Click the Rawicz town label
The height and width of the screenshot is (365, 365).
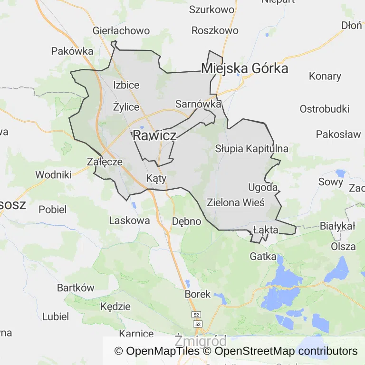pyautogui.click(x=154, y=135)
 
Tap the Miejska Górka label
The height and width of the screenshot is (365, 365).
pyautogui.click(x=245, y=68)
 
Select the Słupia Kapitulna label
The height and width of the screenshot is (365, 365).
pyautogui.click(x=251, y=148)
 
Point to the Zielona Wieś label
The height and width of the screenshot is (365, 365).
pyautogui.click(x=235, y=202)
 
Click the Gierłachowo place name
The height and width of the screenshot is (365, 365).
pyautogui.click(x=121, y=31)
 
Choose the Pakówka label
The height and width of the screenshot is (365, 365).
pyautogui.click(x=72, y=51)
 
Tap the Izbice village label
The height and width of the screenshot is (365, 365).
pyautogui.click(x=126, y=85)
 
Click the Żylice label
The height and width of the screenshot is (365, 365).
pyautogui.click(x=126, y=107)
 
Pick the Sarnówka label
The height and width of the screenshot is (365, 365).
pyautogui.click(x=198, y=104)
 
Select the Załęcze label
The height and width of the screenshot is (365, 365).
pyautogui.click(x=105, y=162)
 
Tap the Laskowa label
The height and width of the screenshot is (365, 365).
pyautogui.click(x=129, y=221)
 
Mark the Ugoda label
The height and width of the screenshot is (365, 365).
pyautogui.click(x=263, y=187)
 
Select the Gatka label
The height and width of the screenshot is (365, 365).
pyautogui.click(x=263, y=257)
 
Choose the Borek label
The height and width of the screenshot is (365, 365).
pyautogui.click(x=197, y=294)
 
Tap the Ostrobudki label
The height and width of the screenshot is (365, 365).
pyautogui.click(x=325, y=109)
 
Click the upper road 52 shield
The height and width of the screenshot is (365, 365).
pyautogui.click(x=196, y=315)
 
